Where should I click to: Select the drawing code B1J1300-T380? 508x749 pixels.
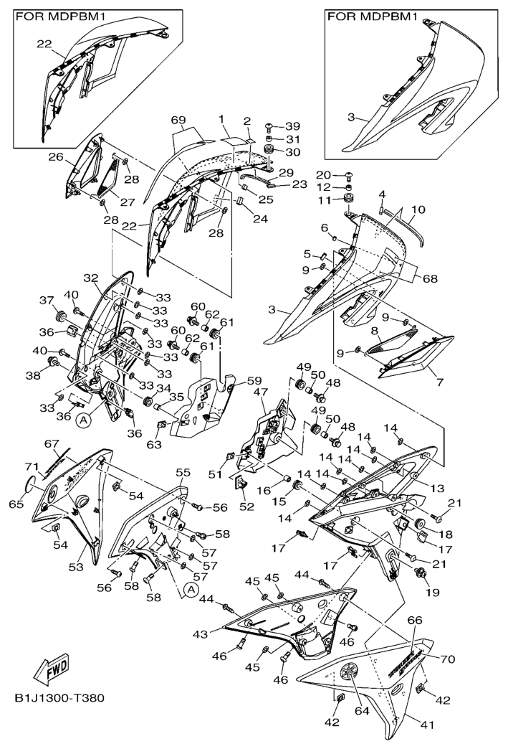point(59,698)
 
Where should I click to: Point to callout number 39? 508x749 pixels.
point(292,126)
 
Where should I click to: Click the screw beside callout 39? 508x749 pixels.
point(269,126)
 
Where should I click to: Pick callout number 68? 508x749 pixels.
point(430,278)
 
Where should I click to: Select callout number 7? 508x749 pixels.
point(440,382)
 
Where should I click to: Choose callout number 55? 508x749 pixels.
point(183,472)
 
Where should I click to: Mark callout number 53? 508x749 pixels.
point(77,567)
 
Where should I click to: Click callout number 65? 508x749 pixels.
point(16,504)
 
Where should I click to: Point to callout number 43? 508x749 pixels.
point(201,634)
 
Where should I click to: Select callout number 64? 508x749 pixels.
point(362,711)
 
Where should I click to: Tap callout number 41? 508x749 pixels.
point(427,725)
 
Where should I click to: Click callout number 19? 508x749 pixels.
point(431,593)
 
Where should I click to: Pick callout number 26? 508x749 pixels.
point(56,156)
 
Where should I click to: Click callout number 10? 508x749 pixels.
point(418,209)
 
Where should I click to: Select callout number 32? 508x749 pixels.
point(90,278)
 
